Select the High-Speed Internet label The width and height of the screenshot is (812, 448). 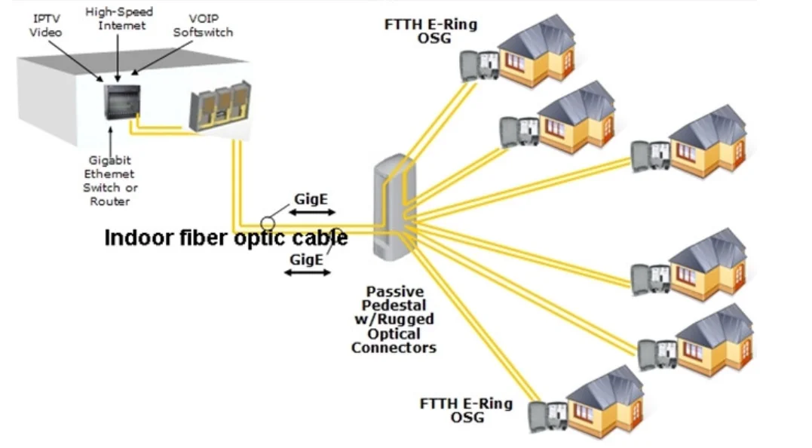point(118,19)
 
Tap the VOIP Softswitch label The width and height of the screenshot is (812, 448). point(203,26)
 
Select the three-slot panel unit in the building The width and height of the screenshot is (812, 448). point(218,106)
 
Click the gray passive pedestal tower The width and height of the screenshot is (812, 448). point(391,207)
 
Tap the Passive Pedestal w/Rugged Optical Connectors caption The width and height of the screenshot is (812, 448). point(394,319)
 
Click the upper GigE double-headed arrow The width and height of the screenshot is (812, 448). point(311,213)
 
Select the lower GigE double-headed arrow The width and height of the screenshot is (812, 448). point(306,272)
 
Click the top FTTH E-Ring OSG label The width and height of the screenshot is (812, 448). point(431,30)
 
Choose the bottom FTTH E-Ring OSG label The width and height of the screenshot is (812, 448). point(466,410)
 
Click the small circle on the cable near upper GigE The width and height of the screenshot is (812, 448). point(268,222)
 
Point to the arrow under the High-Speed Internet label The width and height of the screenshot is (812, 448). point(119,57)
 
